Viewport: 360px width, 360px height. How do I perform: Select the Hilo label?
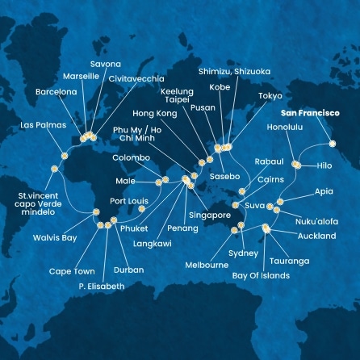tap(324, 165)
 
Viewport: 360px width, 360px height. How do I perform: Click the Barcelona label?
tap(57, 92)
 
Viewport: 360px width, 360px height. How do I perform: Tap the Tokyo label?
tap(270, 96)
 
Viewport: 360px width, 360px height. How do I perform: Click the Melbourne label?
tap(206, 264)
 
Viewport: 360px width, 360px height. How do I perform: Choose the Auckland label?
tap(316, 236)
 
